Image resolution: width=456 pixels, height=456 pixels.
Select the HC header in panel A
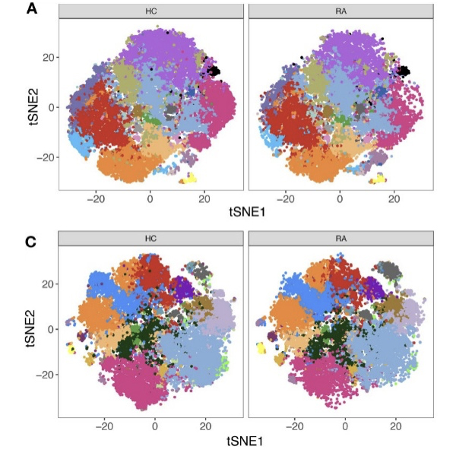150,11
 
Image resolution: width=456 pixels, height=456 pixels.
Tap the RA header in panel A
339,11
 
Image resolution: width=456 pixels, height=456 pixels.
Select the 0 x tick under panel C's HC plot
155,427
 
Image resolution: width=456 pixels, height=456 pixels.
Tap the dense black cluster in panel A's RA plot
404,72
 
